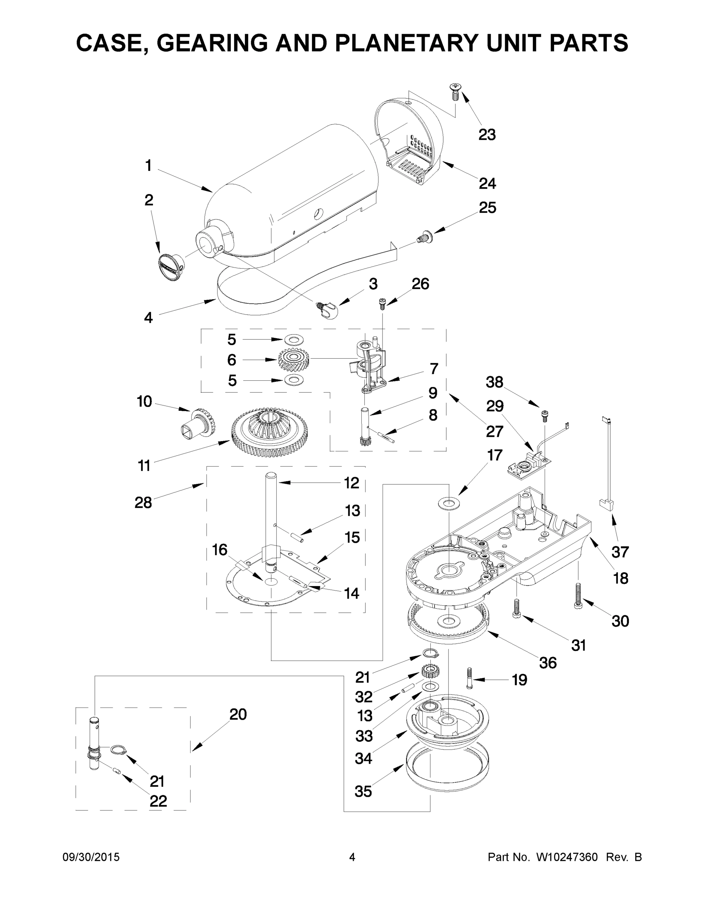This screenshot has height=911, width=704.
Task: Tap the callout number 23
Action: pyautogui.click(x=487, y=134)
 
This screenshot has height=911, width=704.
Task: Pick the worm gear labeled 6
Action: pyautogui.click(x=294, y=359)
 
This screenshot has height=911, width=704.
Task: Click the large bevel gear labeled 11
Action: pyautogui.click(x=269, y=430)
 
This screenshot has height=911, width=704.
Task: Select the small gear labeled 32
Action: pyautogui.click(x=430, y=671)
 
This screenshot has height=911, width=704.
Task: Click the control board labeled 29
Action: pyautogui.click(x=528, y=463)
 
